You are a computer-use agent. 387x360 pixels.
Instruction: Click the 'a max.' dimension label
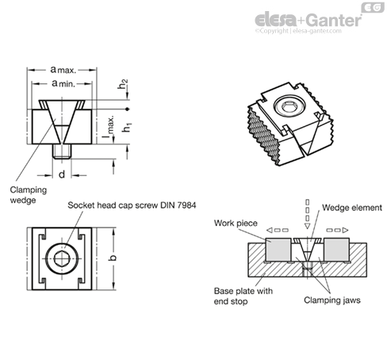[x=63, y=70]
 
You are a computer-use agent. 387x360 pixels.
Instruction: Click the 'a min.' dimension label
[x=63, y=83]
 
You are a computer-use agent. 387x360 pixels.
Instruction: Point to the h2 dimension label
[x=123, y=84]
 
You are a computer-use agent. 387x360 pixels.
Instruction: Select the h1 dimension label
[x=127, y=128]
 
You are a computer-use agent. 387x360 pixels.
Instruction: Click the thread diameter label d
[x=62, y=174]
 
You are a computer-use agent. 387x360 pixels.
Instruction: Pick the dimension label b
[x=113, y=258]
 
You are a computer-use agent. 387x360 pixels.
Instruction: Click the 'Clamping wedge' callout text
[x=29, y=195]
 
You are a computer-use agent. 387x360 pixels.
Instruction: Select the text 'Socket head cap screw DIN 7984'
[x=132, y=205]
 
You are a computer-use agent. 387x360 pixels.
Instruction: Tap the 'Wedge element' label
[x=352, y=208]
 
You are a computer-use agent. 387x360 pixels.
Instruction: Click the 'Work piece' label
[x=236, y=223]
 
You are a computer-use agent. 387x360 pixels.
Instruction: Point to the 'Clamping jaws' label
[x=332, y=300]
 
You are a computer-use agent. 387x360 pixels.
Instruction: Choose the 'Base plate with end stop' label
[x=243, y=296]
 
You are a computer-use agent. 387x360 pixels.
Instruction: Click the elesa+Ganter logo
[x=308, y=20]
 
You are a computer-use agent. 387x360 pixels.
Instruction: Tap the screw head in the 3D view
[x=289, y=105]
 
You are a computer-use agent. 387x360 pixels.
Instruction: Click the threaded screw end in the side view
[x=62, y=151]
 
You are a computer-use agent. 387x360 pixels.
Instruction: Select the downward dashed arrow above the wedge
[x=307, y=214]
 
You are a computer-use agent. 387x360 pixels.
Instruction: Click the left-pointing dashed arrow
[x=278, y=230]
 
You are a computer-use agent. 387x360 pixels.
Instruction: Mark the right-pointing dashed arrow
[x=337, y=230]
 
